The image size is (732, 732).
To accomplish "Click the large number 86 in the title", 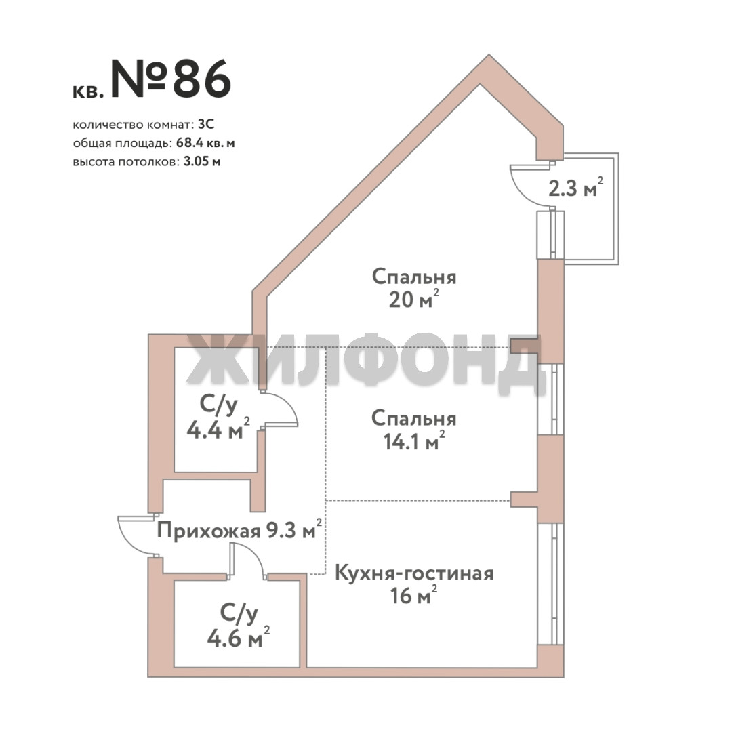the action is (x=202, y=79).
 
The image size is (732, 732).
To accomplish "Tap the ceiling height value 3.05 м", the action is (x=202, y=162).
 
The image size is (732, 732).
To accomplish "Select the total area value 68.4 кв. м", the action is (x=205, y=143).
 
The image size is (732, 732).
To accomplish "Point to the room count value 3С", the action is (x=206, y=125).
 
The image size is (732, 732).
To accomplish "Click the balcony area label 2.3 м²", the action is (x=575, y=188).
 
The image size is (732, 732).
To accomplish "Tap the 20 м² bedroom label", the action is (x=414, y=288).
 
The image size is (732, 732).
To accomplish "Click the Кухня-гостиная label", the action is (x=414, y=573).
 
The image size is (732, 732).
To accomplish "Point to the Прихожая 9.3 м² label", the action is (x=239, y=530).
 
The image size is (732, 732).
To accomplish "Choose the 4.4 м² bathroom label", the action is (x=218, y=418).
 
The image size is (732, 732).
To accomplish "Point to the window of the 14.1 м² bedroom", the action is (x=551, y=400).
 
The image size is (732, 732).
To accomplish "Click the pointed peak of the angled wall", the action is (x=489, y=55).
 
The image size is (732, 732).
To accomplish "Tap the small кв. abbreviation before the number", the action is (x=87, y=91).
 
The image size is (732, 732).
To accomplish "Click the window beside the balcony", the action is (x=551, y=235).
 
